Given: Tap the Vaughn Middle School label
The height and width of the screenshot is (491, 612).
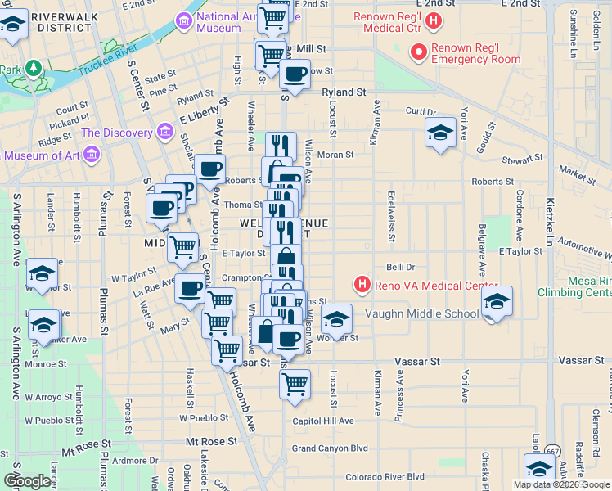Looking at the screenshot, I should pos(433,313).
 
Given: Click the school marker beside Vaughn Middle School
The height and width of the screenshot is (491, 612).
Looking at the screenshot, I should pos(497,301).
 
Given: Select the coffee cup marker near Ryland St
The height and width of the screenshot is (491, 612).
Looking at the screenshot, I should pos(295,74).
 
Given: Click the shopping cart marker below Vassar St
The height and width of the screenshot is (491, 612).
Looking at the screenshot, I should pos(295,382).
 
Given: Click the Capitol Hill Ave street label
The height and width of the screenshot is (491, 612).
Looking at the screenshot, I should pos(323,421).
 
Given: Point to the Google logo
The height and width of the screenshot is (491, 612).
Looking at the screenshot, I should pos(27,482).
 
